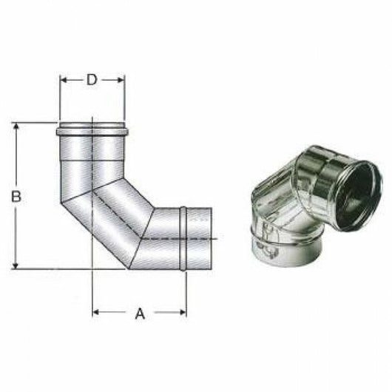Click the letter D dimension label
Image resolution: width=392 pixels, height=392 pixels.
click(92, 80)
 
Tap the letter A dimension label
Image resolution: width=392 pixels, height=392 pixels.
click(139, 314)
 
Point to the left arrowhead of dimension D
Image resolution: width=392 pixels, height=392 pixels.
click(63, 80)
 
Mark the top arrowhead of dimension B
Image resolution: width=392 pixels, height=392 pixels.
click(16, 126)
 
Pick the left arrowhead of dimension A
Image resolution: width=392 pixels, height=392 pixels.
click(95, 313)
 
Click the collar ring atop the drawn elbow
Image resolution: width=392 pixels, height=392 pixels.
click(92, 132)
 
